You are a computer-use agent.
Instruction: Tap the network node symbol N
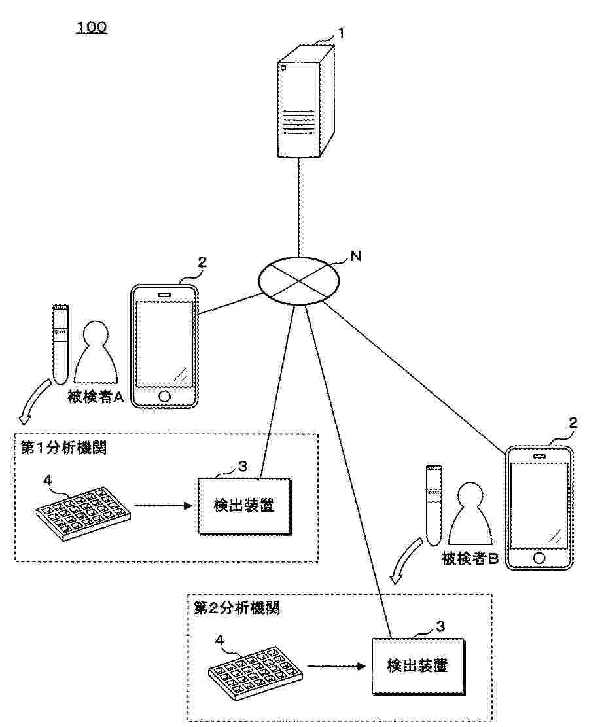pyautogui.click(x=298, y=281)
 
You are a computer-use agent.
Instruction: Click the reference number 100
pyautogui.click(x=92, y=27)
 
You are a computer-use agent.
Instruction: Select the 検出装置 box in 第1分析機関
pyautogui.click(x=245, y=506)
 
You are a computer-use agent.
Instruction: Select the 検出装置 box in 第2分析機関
pyautogui.click(x=418, y=666)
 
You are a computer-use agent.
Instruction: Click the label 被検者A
pyautogui.click(x=96, y=397)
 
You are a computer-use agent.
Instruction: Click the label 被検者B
pyautogui.click(x=470, y=558)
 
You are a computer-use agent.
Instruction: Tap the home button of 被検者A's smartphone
pyautogui.click(x=164, y=397)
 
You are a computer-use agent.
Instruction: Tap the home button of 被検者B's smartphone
pyautogui.click(x=539, y=558)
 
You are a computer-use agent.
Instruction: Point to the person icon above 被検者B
pyautogui.click(x=470, y=513)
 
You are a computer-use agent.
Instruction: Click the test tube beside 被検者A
pyautogui.click(x=60, y=344)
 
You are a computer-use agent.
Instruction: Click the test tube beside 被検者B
pyautogui.click(x=434, y=505)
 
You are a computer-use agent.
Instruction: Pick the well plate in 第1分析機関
pyautogui.click(x=83, y=513)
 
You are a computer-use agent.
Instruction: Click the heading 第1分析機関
pyautogui.click(x=63, y=448)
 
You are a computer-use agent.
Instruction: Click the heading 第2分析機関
pyautogui.click(x=237, y=608)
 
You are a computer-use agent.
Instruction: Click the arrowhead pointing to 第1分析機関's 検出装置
pyautogui.click(x=188, y=505)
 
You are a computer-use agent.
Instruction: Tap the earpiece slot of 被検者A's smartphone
pyautogui.click(x=165, y=295)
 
